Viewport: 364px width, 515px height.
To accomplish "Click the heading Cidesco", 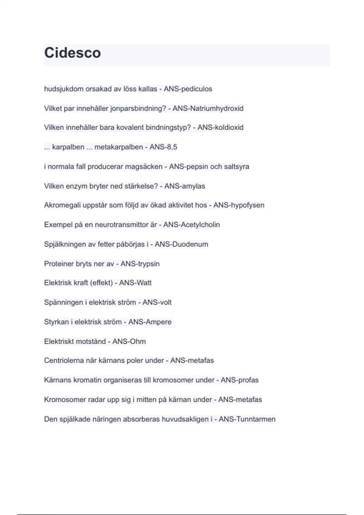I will pyautogui.click(x=72, y=53).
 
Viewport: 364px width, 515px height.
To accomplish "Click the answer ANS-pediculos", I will pyautogui.click(x=188, y=89).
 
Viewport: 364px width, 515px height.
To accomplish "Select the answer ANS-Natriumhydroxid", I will pyautogui.click(x=208, y=108).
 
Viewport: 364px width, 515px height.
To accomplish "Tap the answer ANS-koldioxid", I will pyautogui.click(x=220, y=128).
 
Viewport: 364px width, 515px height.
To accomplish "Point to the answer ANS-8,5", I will pyautogui.click(x=163, y=147).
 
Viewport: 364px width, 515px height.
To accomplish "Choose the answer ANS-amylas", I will pyautogui.click(x=184, y=186).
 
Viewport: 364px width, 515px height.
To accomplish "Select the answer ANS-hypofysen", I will pyautogui.click(x=239, y=205).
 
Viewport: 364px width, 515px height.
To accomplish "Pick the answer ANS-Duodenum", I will pyautogui.click(x=181, y=244).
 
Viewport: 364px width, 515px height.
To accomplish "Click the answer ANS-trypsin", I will pyautogui.click(x=140, y=264).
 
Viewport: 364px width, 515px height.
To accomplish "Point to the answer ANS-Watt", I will pyautogui.click(x=135, y=283).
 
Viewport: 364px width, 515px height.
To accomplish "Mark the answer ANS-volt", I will pyautogui.click(x=157, y=302).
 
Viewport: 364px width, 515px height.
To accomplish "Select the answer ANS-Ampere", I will pyautogui.click(x=150, y=322).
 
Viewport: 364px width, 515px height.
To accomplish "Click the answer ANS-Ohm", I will pyautogui.click(x=129, y=341).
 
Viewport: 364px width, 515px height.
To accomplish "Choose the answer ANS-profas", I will pyautogui.click(x=240, y=380).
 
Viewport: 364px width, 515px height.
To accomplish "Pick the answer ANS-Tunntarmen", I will pyautogui.click(x=247, y=419).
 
